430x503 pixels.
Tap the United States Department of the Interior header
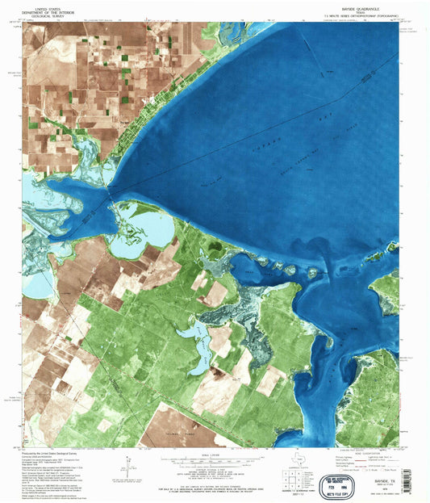click(x=44, y=10)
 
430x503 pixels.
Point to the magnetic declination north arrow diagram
click(x=128, y=467)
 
